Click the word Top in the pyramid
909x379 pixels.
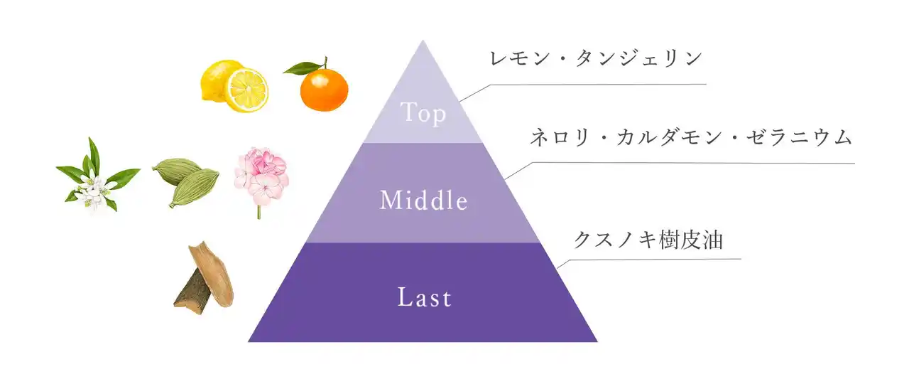click(x=423, y=112)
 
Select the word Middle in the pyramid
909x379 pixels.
click(x=424, y=200)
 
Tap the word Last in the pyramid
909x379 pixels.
click(x=425, y=297)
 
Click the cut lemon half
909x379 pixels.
click(x=246, y=90)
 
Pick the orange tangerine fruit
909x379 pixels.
click(x=324, y=90)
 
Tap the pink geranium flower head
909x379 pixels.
click(x=262, y=176)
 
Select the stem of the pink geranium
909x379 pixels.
click(x=259, y=212)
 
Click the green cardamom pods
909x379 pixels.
click(x=186, y=181)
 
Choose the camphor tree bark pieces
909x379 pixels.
click(x=204, y=278)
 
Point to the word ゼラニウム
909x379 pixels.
click(x=799, y=137)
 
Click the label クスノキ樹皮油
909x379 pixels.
click(x=648, y=240)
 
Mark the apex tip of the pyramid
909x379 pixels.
click(x=423, y=41)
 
